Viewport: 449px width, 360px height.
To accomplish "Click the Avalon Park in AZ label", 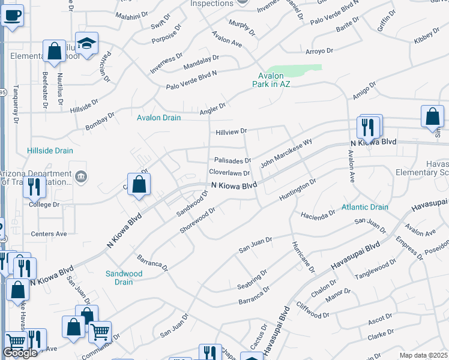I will (274, 80).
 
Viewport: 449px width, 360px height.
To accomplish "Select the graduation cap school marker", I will (88, 44).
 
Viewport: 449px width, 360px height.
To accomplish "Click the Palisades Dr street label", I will (232, 161).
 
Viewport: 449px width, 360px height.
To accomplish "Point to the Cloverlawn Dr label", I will (229, 173).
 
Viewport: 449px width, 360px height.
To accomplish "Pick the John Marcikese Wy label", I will (286, 154).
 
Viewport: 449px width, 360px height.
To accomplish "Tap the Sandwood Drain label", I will (124, 277).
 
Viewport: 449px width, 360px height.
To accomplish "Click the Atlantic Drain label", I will (365, 207).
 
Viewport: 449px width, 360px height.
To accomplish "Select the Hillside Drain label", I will (50, 151).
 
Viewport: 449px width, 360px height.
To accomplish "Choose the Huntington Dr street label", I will (297, 190).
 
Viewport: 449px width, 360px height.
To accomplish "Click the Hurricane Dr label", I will (303, 257).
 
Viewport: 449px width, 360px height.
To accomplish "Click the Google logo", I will (20, 353).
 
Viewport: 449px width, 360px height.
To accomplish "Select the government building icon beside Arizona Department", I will (82, 177).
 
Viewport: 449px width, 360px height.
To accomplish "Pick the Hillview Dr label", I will (231, 131).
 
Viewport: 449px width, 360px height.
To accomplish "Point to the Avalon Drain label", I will (158, 118).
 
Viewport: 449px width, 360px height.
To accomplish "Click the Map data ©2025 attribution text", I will (423, 356).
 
